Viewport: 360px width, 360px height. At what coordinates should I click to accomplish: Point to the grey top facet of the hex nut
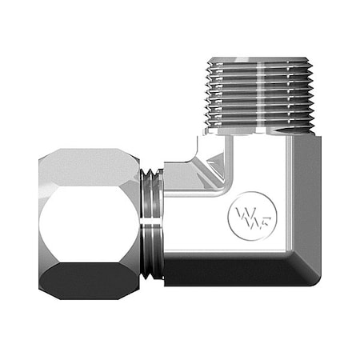click(90, 163)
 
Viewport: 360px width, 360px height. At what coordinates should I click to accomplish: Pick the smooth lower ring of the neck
click(155, 252)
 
